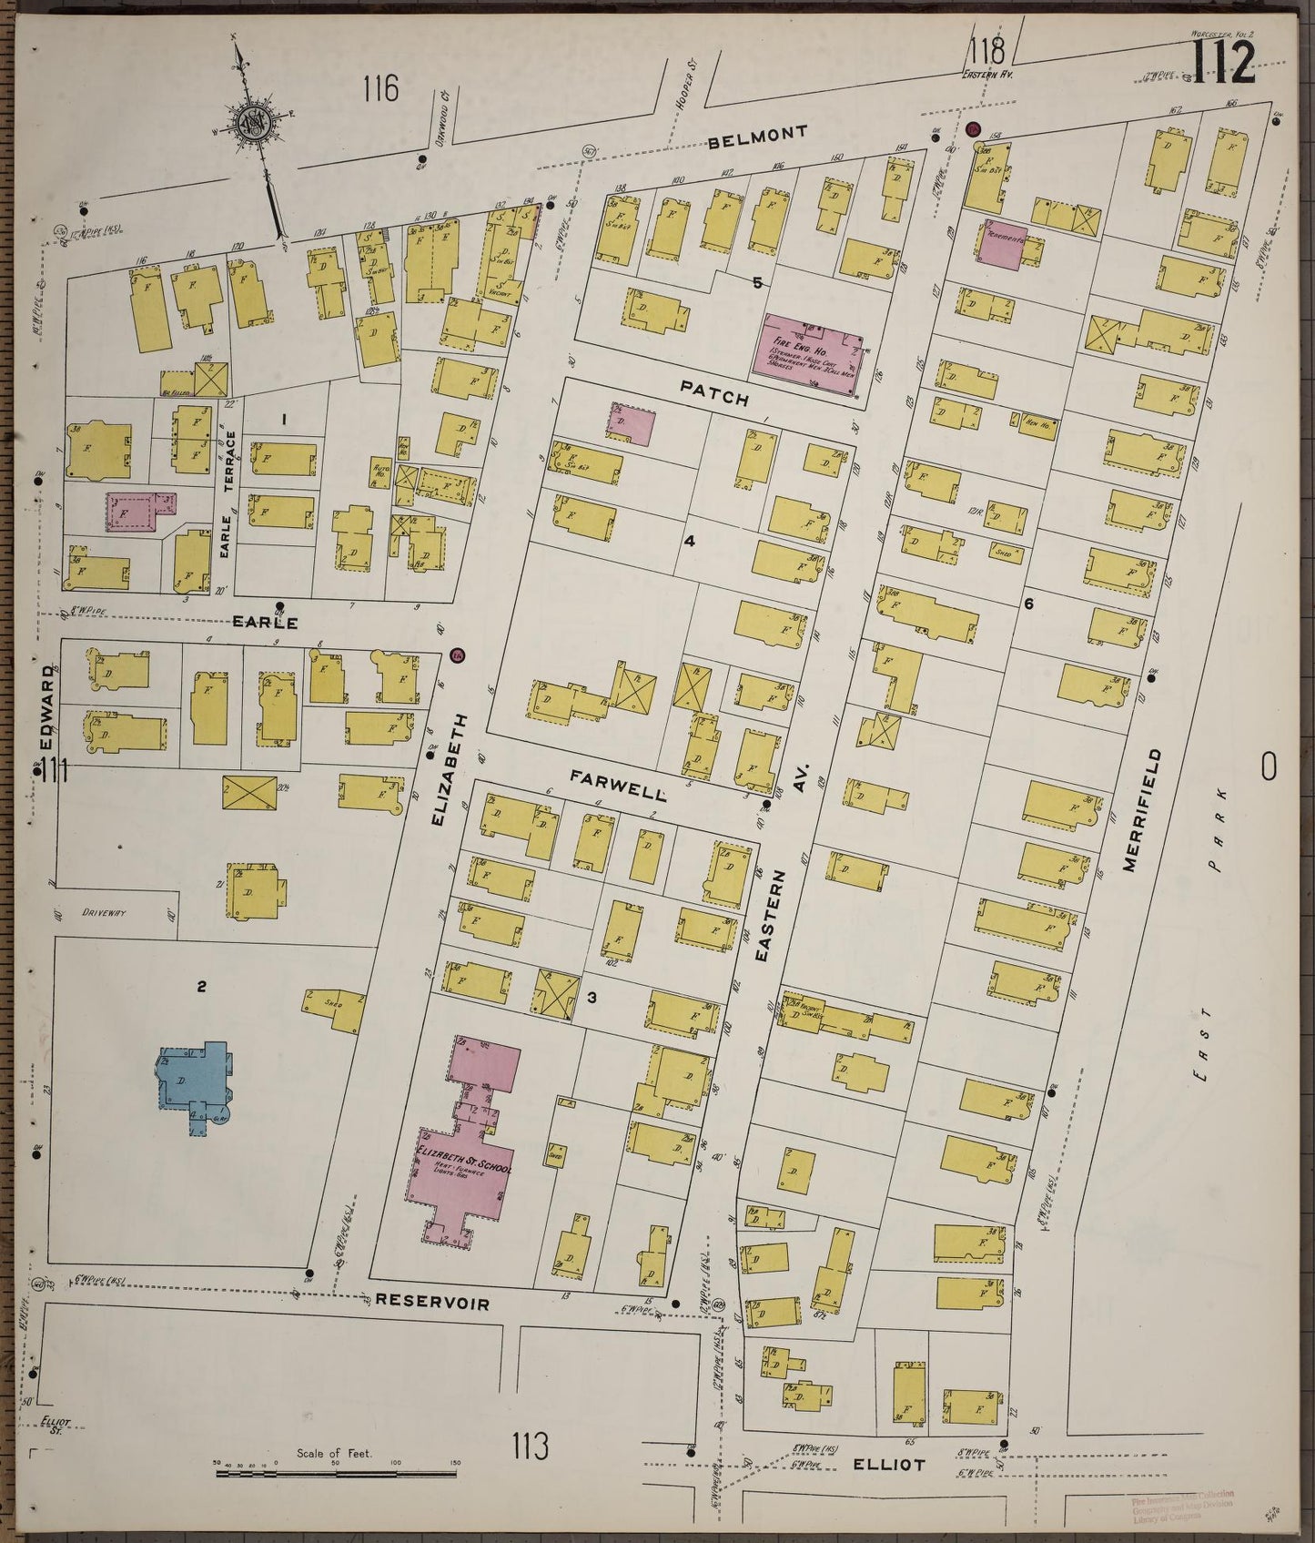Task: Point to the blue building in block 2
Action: [195, 1081]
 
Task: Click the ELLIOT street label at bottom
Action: [890, 1466]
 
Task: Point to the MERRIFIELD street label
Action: [1153, 811]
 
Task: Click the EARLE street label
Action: [265, 624]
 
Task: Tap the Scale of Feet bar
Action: [337, 1468]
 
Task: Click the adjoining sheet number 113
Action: [530, 1445]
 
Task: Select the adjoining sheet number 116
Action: [380, 89]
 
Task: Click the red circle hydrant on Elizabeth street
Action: [458, 655]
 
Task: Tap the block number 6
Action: [1028, 604]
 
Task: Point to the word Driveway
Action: [106, 911]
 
